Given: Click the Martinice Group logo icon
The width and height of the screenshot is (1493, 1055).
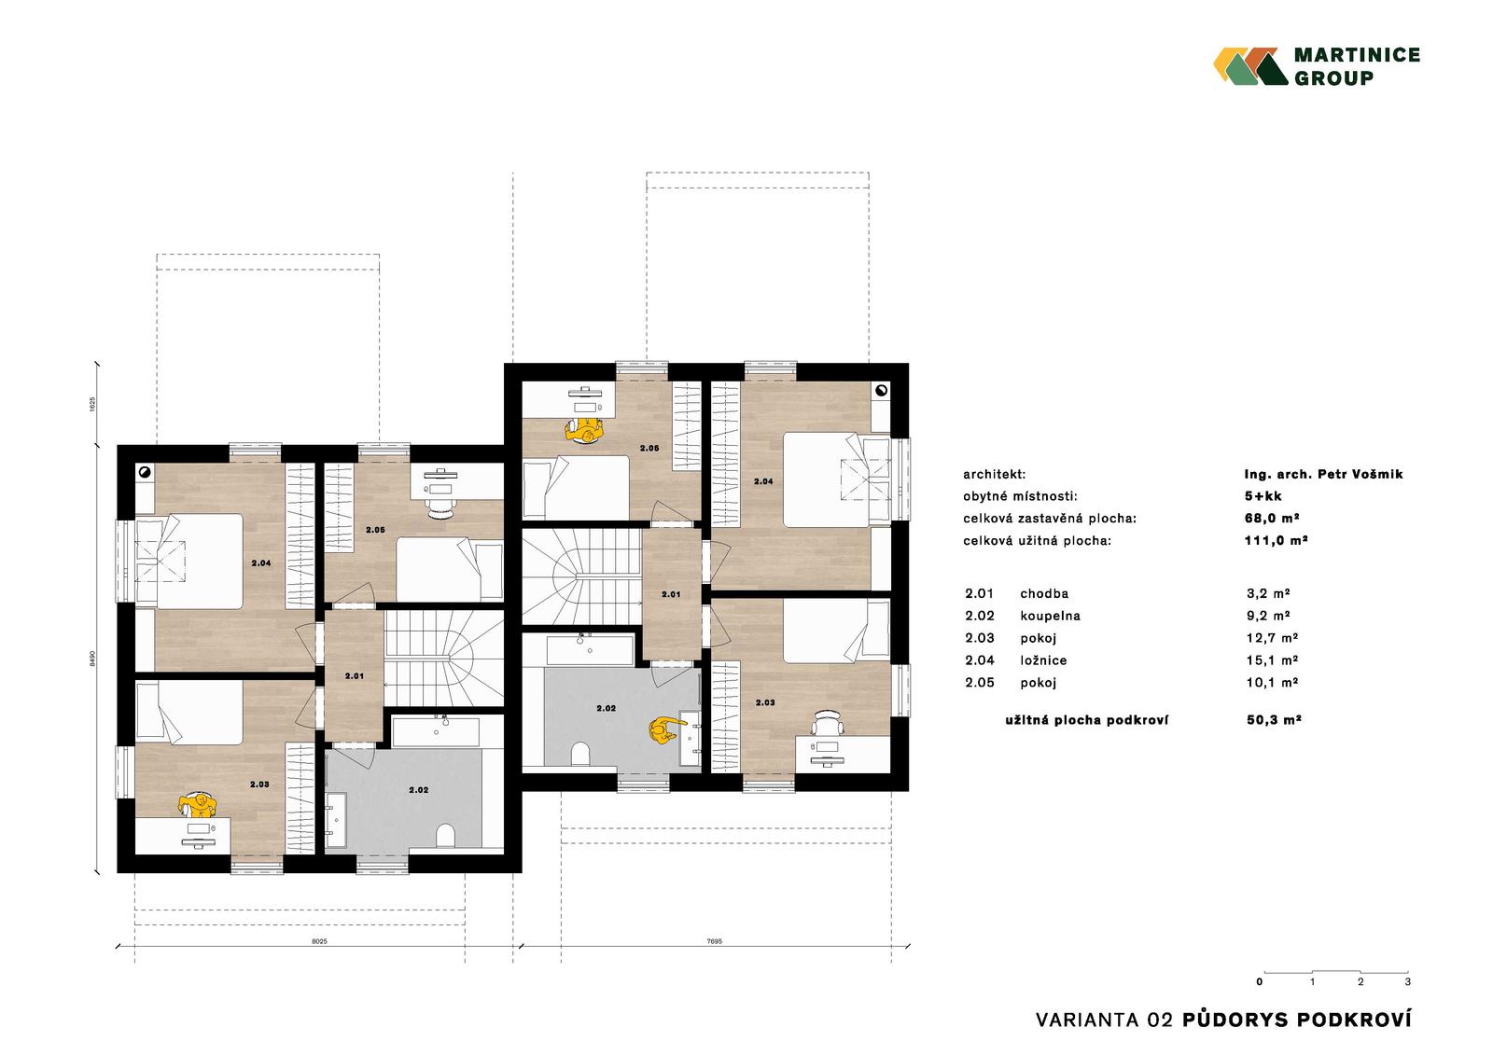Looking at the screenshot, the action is (1250, 66).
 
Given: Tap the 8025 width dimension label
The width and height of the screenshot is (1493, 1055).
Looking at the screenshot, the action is (320, 942).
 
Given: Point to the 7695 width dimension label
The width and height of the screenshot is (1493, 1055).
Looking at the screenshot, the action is (714, 942).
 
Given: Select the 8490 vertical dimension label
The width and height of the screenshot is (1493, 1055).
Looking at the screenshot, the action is (92, 659).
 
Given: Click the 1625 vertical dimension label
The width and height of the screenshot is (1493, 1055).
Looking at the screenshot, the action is (92, 405).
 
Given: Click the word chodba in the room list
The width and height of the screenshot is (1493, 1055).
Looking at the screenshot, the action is (1044, 594).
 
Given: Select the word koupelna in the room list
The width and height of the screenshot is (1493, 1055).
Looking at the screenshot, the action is (1050, 617).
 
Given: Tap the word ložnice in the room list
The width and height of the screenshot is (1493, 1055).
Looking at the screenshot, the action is (1043, 660).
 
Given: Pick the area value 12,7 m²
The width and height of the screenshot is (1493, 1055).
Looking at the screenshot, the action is (1272, 638).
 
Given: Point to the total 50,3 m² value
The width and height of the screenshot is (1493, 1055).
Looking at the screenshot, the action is (1274, 720).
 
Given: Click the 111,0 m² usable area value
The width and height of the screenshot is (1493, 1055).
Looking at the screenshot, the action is (1276, 540).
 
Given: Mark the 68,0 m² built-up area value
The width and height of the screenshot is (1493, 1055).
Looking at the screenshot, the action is (1272, 519).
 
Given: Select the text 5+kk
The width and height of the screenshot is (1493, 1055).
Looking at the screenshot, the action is (1263, 496).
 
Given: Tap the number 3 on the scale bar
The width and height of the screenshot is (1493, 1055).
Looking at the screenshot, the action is (1408, 981).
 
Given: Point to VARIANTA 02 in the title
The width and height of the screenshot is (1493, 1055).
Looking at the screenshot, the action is (1104, 1021).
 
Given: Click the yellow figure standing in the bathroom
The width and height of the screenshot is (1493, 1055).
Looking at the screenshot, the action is (663, 729).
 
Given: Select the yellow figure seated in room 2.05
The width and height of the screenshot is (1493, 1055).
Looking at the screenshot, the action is (584, 430).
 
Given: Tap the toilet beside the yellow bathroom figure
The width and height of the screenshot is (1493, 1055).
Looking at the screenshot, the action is (580, 754).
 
